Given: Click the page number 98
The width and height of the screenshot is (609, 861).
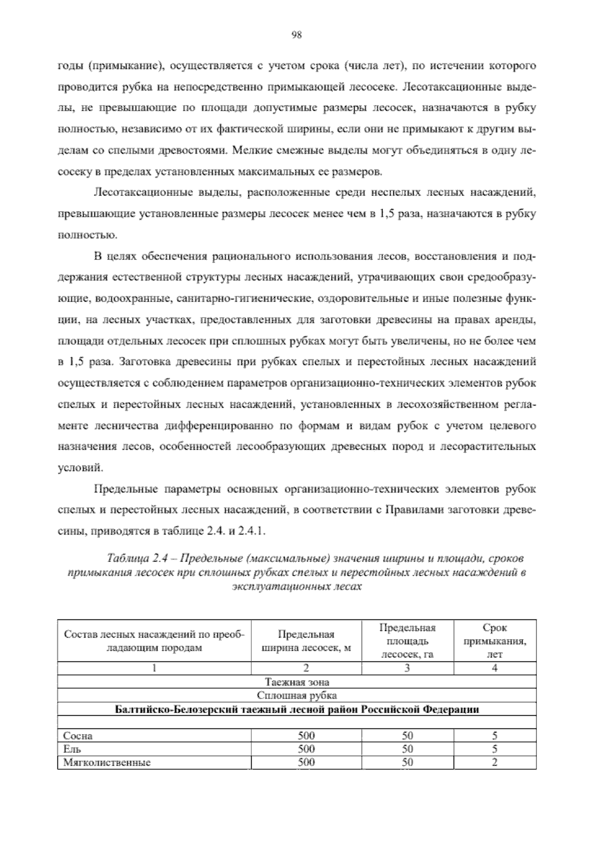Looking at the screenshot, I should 297,35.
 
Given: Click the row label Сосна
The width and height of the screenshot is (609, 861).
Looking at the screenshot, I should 78,736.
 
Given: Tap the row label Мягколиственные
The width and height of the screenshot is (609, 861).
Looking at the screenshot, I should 107,762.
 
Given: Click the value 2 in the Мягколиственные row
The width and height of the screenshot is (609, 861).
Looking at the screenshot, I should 495,762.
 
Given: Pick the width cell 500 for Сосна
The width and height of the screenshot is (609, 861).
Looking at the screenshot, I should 306,736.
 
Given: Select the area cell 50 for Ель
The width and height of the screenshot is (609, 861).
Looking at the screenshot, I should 408,749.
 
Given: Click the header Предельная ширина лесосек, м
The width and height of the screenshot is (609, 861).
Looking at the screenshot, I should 306,641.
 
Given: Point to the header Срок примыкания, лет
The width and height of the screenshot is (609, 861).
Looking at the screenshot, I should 495,641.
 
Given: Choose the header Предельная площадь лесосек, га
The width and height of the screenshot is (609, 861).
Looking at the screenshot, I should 408,641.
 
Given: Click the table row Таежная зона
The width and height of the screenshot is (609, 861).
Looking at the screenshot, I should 297,682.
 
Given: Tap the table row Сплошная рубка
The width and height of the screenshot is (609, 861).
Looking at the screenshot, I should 297,695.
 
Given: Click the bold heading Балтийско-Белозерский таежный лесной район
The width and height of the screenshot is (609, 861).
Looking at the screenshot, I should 297,709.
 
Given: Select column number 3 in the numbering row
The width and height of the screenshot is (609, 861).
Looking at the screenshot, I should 408,668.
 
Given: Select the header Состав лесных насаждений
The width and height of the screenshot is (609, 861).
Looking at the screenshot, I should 154,641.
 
